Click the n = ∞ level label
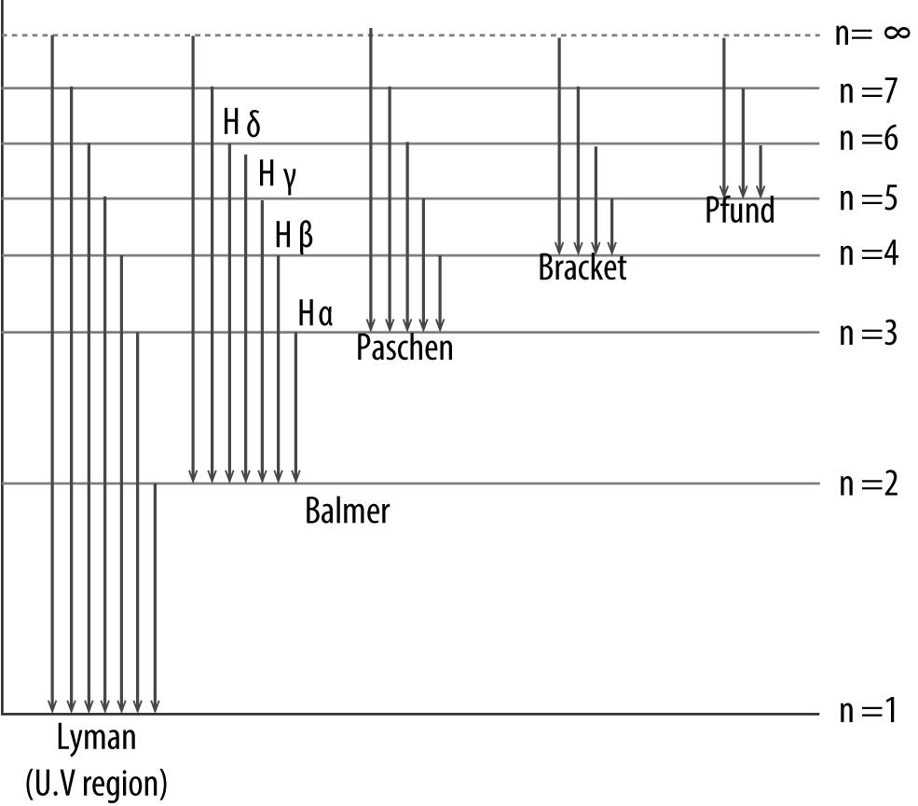tap(871, 34)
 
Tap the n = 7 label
tap(867, 90)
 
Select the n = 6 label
tap(867, 140)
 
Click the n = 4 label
tap(867, 253)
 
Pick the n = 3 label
tap(867, 333)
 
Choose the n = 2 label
tap(867, 485)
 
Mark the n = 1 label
tap(867, 713)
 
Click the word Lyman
tap(96, 739)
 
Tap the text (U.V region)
tap(96, 783)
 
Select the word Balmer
tap(347, 511)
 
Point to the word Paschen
tap(404, 348)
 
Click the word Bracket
tap(582, 268)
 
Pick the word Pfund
tap(739, 211)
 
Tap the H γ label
tap(277, 173)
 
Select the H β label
tap(294, 235)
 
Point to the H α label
tap(315, 313)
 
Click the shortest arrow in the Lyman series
tap(155, 596)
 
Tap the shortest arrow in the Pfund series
tap(760, 168)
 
